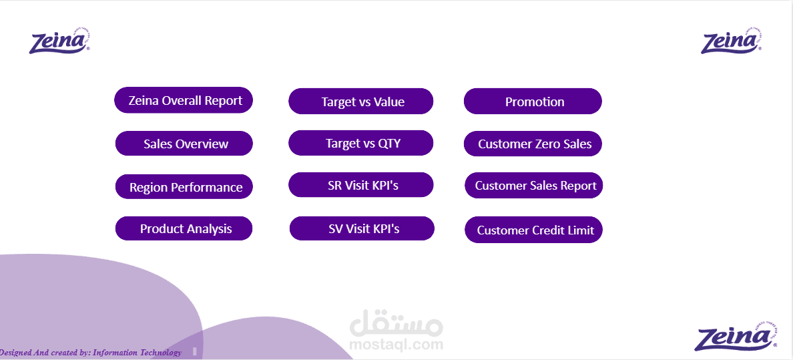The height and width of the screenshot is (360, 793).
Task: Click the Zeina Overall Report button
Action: pos(184,101)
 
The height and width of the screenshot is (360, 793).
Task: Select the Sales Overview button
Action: pos(184,144)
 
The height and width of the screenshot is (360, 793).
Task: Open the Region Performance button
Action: pos(184,187)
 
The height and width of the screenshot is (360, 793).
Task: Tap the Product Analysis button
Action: pos(184,228)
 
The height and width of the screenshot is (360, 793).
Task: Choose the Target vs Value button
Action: pos(361,102)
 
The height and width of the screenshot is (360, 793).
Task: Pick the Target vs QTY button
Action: pos(361,143)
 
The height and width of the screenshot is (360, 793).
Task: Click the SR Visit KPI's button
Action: pos(361,185)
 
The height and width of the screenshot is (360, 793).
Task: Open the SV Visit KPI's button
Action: pos(362,228)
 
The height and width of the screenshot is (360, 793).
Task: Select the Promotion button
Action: pos(533,102)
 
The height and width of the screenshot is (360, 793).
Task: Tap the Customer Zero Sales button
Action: pos(533,144)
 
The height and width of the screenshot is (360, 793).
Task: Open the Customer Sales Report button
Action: pos(534,186)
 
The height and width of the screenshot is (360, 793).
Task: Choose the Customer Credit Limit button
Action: pos(533,230)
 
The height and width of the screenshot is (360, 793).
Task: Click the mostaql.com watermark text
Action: pos(396,345)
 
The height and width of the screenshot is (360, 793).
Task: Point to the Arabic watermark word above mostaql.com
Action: pos(396,325)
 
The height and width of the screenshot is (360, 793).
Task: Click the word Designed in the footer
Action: pos(15,352)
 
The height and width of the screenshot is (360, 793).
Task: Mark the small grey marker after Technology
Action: pos(194,351)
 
